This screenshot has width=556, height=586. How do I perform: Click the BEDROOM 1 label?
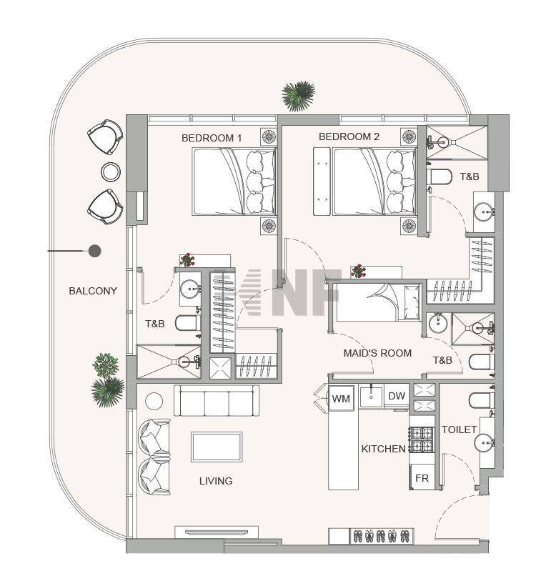[x=212, y=138]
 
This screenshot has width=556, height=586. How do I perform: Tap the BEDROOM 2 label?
[x=349, y=136]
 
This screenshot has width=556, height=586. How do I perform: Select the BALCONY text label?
[x=93, y=291]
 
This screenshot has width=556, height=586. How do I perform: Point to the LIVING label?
[x=216, y=481]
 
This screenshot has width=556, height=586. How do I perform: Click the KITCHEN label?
[x=383, y=449]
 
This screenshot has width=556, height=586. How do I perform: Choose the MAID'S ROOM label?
[x=377, y=353]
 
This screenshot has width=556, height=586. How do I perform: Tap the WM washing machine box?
[x=341, y=398]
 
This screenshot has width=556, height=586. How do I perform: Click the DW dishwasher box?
[x=397, y=396]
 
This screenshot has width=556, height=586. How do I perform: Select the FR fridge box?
[x=422, y=477]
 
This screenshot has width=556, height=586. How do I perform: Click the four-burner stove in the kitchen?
[x=422, y=439]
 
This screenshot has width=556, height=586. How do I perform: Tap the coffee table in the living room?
[x=217, y=447]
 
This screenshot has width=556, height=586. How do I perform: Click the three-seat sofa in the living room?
[x=217, y=401]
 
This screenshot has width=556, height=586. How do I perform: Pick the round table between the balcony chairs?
[x=111, y=172]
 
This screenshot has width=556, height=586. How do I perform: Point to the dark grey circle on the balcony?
[x=95, y=251]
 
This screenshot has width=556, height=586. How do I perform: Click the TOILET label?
[x=459, y=429]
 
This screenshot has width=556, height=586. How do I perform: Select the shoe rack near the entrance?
[x=382, y=536]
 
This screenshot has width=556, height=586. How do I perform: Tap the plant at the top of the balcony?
[x=299, y=96]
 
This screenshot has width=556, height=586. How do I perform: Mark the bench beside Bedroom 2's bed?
[x=322, y=182]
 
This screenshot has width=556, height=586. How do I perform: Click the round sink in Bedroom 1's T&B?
[x=190, y=289]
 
